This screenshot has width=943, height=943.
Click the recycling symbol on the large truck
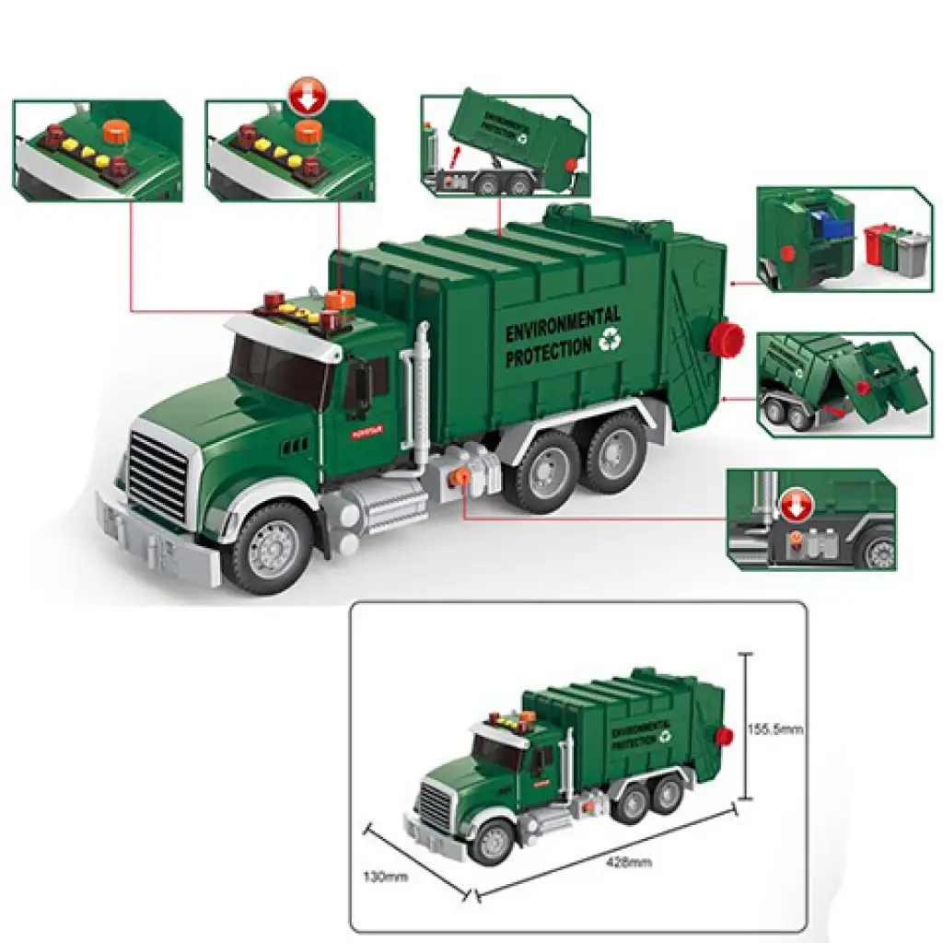(610, 341)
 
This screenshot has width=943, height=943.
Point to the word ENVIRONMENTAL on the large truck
(563, 324)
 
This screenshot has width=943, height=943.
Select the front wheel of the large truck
(269, 547)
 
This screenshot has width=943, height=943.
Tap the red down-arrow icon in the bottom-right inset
(794, 505)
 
